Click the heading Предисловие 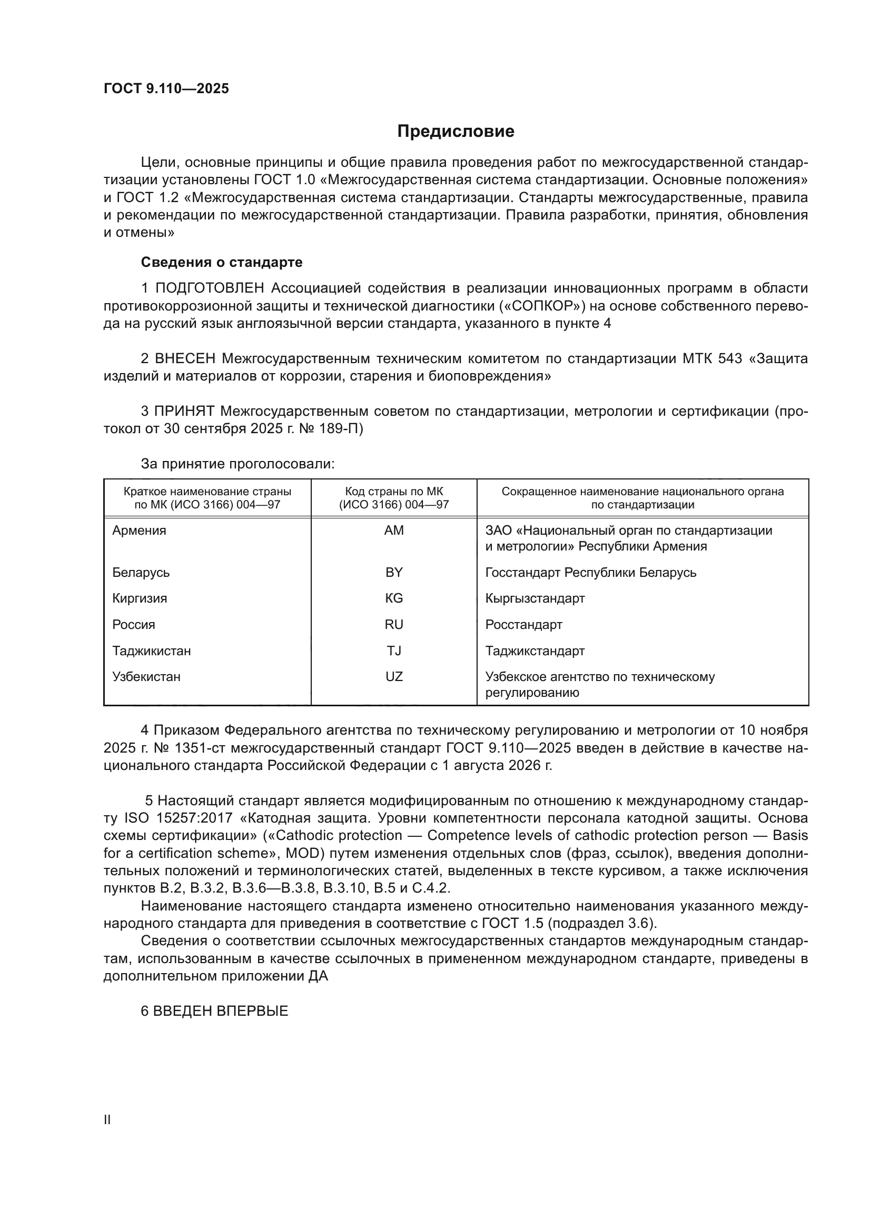tap(456, 132)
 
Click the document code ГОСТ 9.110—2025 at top tap(166, 88)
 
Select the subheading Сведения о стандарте tap(222, 262)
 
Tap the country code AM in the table tap(394, 531)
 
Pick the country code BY tap(394, 572)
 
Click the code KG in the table tap(394, 598)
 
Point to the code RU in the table tap(394, 624)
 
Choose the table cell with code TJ tap(394, 650)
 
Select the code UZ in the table tap(394, 676)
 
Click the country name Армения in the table tap(139, 531)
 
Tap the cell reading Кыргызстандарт tap(535, 598)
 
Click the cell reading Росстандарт tap(523, 624)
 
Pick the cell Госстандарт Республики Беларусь tap(590, 572)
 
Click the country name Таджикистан tap(151, 650)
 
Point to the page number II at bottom tap(107, 1119)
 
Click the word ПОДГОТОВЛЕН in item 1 tap(210, 288)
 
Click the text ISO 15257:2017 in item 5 tap(179, 818)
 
